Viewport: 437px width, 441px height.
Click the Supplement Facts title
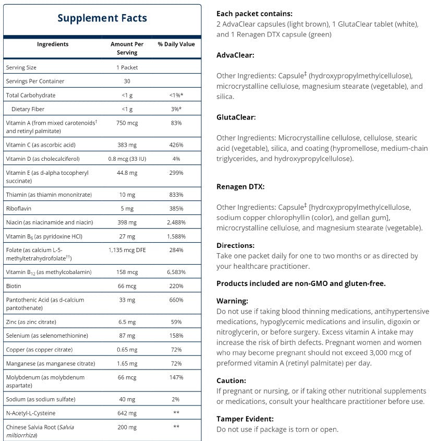102,18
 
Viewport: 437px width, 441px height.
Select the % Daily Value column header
176,44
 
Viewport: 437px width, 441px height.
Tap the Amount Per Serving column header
127,48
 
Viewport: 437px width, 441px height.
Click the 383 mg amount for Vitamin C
127,145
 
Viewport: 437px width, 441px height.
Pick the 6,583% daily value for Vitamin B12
176,272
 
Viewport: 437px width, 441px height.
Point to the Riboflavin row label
18,208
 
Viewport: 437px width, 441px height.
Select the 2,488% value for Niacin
176,222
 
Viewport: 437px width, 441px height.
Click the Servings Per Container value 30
127,81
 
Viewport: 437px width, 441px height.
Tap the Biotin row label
14,286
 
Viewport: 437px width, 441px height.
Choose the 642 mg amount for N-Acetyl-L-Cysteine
127,413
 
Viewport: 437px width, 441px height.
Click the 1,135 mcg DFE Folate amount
127,250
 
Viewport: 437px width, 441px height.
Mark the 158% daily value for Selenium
176,336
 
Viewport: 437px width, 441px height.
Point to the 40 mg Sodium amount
127,399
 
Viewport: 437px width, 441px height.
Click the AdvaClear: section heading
235,55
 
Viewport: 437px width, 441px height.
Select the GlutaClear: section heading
236,117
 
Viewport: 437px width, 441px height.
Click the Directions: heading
235,245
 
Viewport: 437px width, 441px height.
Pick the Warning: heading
233,301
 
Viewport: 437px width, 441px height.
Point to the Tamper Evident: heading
245,419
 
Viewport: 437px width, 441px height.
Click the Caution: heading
231,380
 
